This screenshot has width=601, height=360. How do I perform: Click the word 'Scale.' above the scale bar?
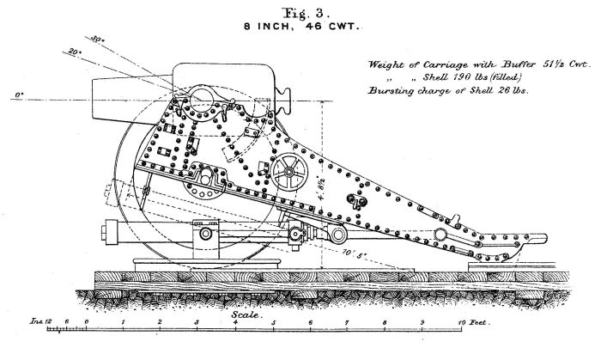tap(245, 314)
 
